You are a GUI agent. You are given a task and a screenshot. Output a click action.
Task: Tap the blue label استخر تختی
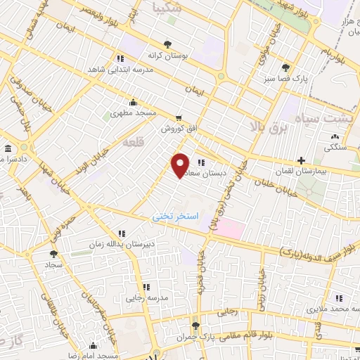[x=176, y=217]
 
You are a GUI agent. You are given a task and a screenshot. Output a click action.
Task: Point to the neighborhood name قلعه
[x=134, y=142]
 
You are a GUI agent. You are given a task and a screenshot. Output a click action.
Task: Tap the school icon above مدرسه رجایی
[x=146, y=287]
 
